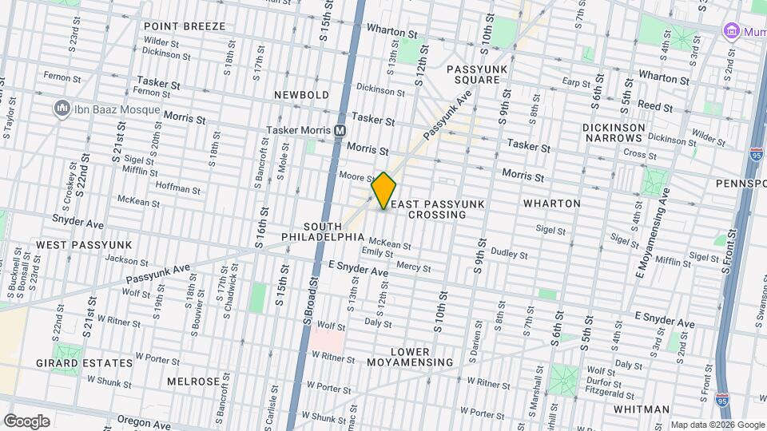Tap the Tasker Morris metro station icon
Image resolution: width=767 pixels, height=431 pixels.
click(340, 130)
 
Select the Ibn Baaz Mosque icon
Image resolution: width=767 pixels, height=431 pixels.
click(61, 108)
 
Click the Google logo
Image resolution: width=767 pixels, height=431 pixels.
click(26, 421)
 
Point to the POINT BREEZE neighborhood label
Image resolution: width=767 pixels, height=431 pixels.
click(185, 26)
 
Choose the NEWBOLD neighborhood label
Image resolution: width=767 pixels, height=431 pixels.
click(301, 95)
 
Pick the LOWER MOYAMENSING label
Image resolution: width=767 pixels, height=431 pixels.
click(410, 357)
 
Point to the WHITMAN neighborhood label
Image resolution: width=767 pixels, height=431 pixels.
click(642, 409)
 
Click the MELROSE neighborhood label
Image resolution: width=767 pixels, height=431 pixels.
click(193, 382)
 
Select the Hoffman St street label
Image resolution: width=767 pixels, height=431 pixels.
click(178, 188)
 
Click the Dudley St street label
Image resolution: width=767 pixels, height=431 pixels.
click(508, 253)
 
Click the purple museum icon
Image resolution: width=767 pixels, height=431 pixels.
click(730, 30)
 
